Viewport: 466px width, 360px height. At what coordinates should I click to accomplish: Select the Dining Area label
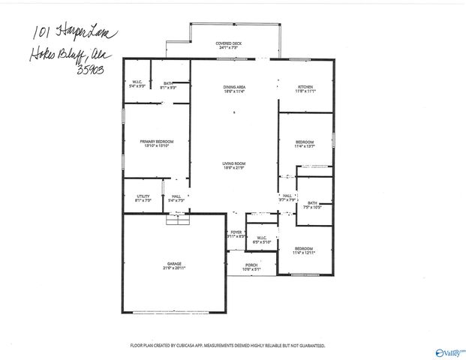tap(234, 86)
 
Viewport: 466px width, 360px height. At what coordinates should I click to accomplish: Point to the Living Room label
tap(234, 163)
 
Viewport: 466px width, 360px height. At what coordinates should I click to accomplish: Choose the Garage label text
tap(174, 264)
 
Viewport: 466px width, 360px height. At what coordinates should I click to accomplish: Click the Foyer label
tap(236, 232)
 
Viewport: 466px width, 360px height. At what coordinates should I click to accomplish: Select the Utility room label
tap(143, 197)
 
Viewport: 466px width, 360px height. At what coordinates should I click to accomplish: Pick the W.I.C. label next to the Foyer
tap(262, 238)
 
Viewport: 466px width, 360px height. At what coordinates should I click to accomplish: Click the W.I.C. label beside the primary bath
tap(137, 82)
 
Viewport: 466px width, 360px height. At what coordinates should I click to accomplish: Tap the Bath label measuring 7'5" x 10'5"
tap(312, 203)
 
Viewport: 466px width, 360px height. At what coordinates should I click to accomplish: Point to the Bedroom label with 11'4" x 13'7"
tap(304, 142)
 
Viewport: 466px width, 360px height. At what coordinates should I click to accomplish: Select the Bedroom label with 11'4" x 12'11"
tap(304, 248)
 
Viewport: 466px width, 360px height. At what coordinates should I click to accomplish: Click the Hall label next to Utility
tap(176, 197)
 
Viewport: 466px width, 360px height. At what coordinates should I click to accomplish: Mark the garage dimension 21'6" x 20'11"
tap(174, 268)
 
